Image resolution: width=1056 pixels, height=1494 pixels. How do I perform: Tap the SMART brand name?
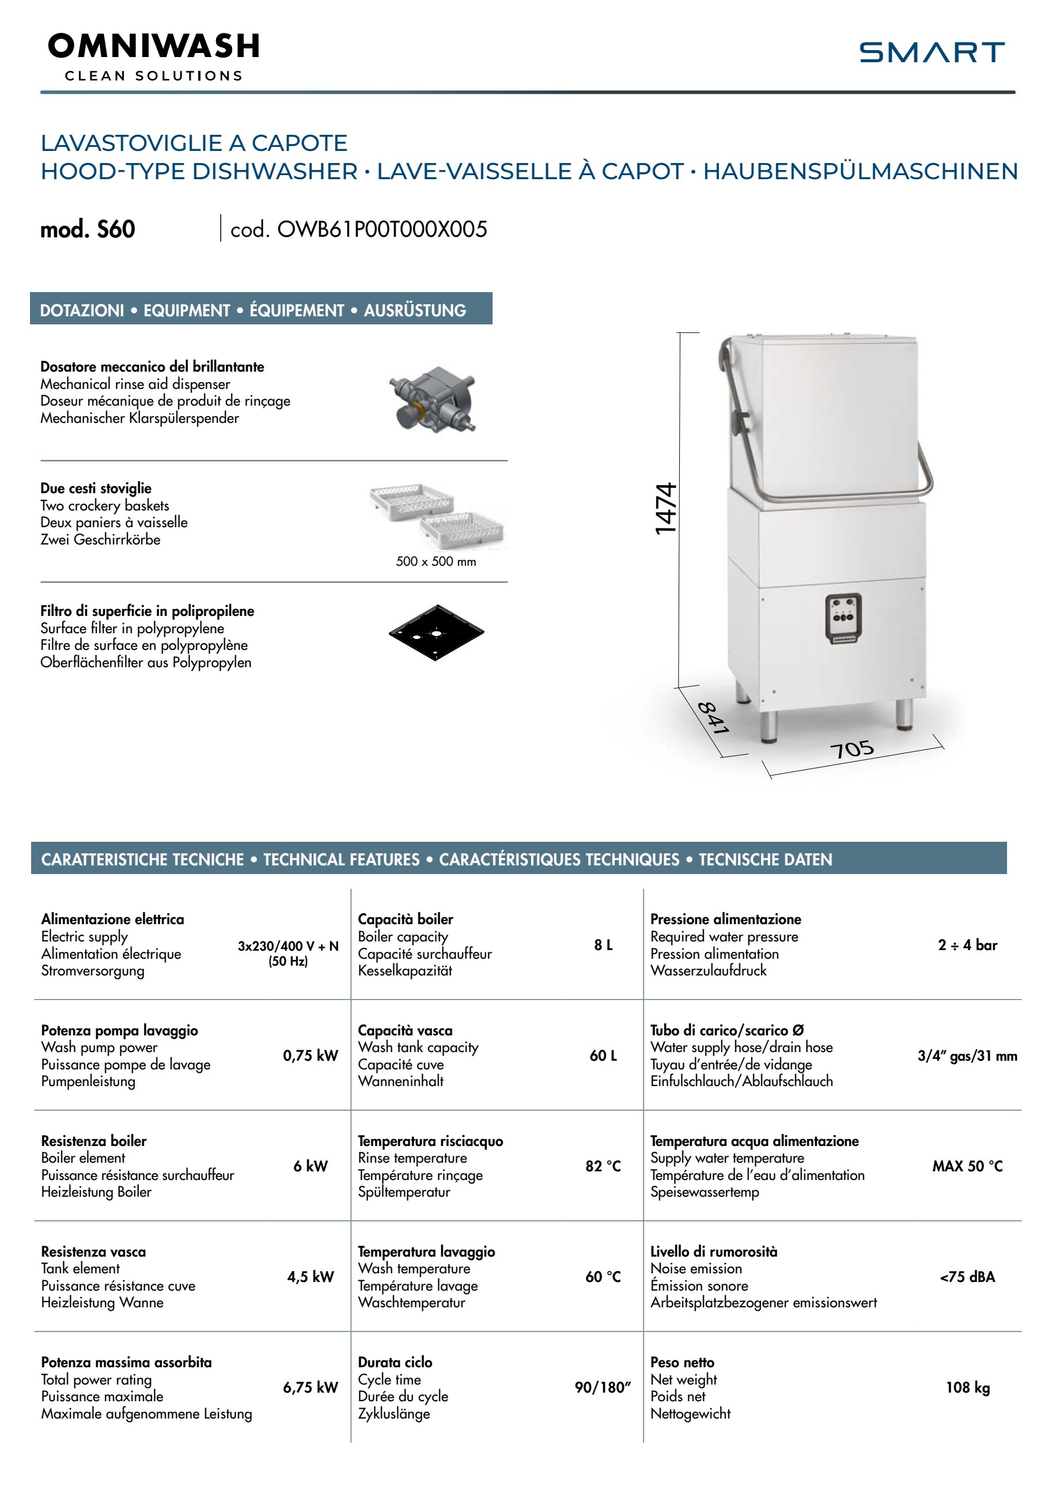click(931, 52)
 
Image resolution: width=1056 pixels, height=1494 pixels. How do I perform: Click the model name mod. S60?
click(88, 229)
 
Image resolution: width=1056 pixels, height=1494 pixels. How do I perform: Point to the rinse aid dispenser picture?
click(433, 398)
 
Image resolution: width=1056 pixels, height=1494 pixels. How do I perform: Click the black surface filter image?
click(436, 633)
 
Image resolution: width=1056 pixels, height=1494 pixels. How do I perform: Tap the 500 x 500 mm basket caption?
click(436, 562)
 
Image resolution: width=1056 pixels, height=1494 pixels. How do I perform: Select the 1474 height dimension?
click(665, 509)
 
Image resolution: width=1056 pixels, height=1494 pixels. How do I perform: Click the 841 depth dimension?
click(713, 718)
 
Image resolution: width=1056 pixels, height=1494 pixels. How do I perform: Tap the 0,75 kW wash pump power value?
click(311, 1056)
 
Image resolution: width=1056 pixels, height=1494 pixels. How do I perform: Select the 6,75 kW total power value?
click(311, 1387)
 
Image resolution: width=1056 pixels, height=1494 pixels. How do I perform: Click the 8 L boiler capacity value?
click(603, 945)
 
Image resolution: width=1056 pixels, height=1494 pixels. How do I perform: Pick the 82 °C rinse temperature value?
click(603, 1166)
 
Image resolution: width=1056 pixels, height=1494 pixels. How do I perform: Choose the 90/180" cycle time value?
click(603, 1387)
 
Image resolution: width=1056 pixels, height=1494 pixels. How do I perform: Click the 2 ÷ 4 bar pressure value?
click(967, 945)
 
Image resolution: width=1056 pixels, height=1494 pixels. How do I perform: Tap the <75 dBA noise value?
click(967, 1277)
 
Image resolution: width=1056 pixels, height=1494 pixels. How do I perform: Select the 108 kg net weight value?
click(967, 1387)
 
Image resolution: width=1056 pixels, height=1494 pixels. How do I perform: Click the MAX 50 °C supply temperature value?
click(967, 1166)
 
